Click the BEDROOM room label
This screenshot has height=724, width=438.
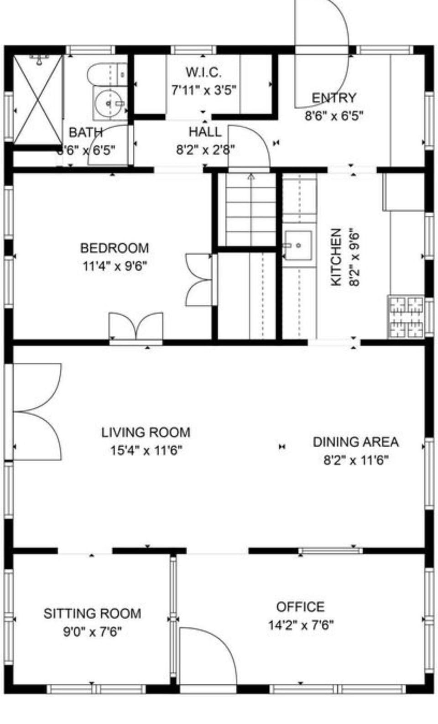pos(115,248)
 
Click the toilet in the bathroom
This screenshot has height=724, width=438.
pos(105,73)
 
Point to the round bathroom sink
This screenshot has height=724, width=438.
pos(109,103)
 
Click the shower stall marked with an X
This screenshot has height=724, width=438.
pos(37,99)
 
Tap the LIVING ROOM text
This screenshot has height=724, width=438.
pos(146,432)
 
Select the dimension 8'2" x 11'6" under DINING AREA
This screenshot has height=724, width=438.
pos(356,460)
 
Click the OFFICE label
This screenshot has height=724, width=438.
pos(300,607)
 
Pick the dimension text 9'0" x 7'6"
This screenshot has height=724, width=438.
pos(92,632)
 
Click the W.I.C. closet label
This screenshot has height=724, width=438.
pos(203,72)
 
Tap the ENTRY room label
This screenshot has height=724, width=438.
pos(334,98)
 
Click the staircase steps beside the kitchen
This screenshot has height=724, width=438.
pos(250,210)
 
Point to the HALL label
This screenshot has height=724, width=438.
pos(205,132)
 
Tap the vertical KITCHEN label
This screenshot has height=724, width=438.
pos(336,257)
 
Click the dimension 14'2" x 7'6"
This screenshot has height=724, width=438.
pos(301,625)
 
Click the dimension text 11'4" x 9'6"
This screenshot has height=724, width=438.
pos(115,266)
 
